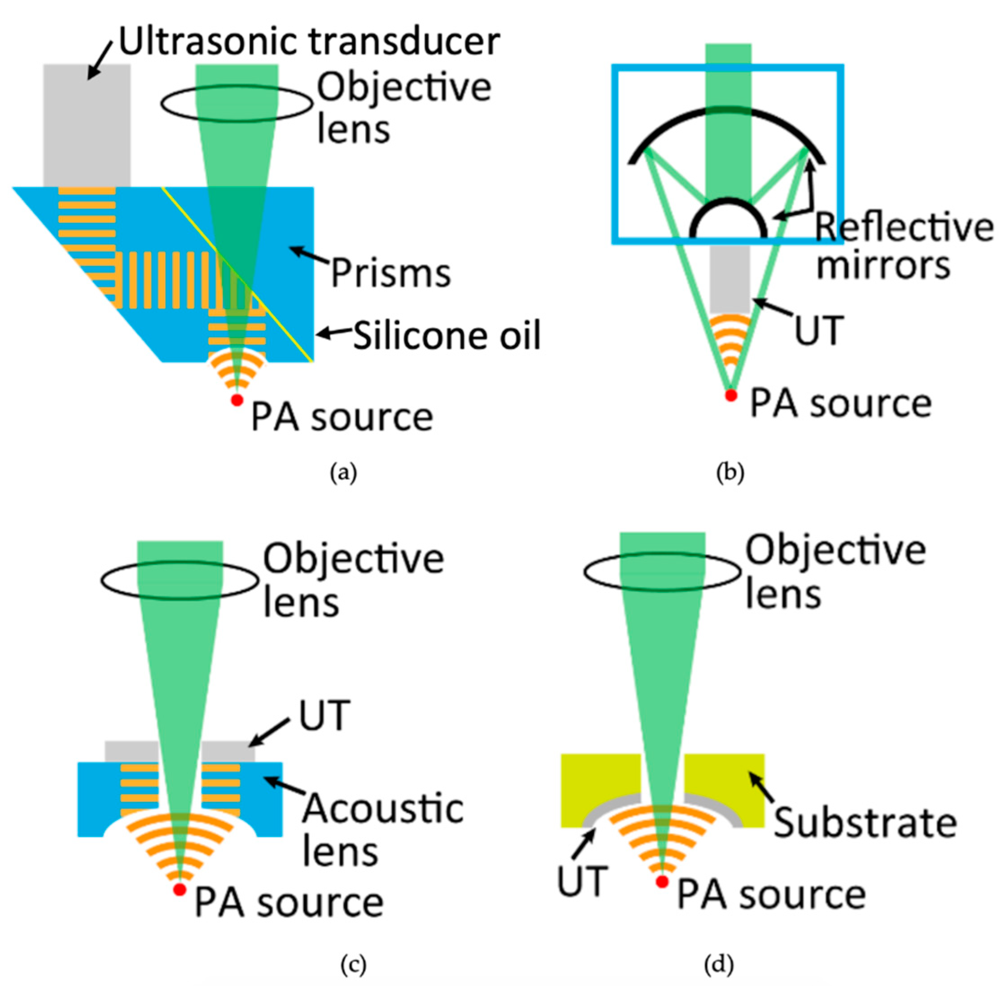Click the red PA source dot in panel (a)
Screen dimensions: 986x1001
coord(237,400)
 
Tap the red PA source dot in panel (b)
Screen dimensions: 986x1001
coord(731,395)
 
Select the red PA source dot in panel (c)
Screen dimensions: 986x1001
coord(180,890)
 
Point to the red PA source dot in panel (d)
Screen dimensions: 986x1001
coord(661,881)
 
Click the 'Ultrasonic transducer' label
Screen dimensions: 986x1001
coord(310,41)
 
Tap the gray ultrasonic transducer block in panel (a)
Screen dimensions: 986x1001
coord(87,124)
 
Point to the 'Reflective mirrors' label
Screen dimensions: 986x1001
coord(904,246)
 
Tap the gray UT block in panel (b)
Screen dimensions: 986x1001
coord(729,279)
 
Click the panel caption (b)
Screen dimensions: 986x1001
coord(730,472)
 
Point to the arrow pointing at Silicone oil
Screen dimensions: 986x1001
coord(331,333)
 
